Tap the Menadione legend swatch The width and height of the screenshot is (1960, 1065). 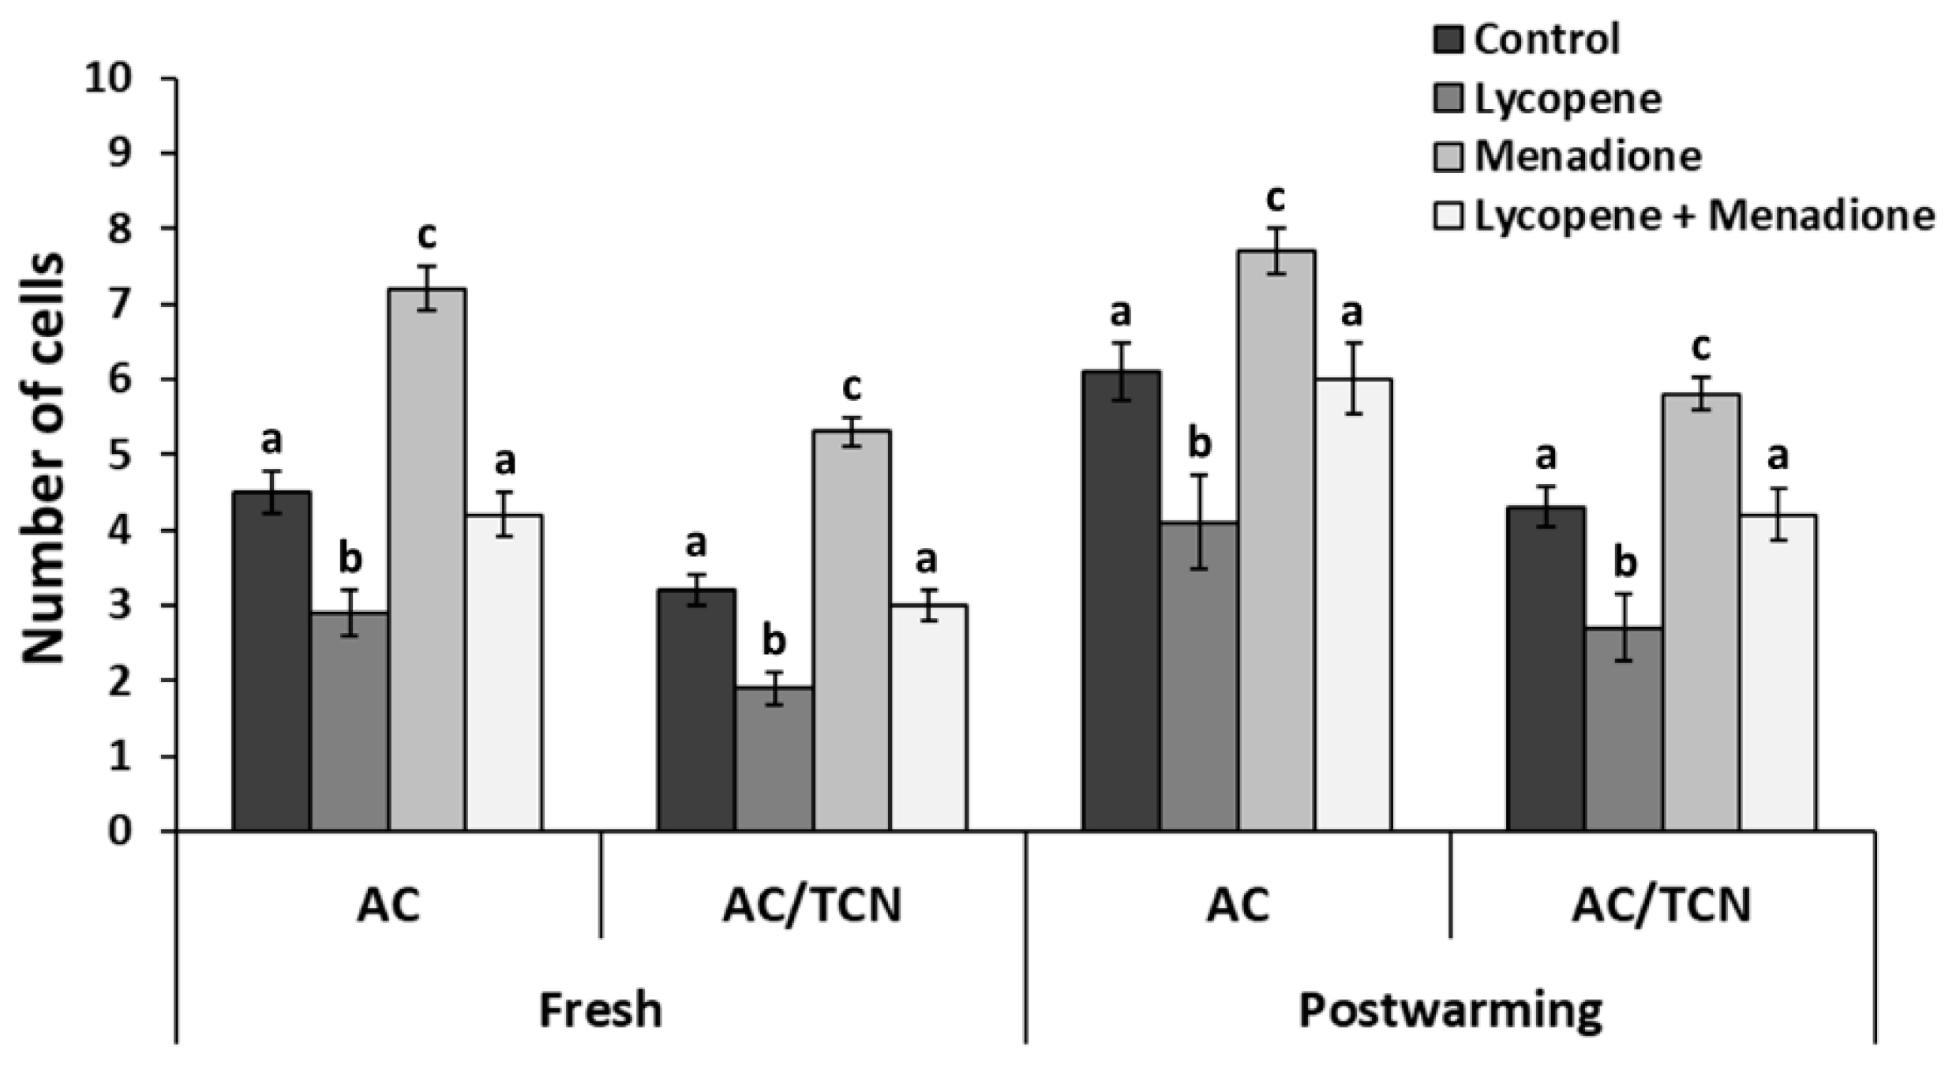[x=1449, y=156]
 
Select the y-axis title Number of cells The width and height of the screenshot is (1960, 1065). [x=43, y=457]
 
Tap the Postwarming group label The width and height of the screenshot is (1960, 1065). [x=1450, y=1010]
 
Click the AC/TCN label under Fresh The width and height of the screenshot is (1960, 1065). [x=812, y=905]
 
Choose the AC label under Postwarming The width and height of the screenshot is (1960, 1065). [x=1238, y=905]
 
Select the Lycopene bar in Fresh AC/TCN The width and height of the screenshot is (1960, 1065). [x=774, y=758]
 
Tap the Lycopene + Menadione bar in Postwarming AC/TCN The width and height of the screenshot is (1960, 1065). [x=1778, y=671]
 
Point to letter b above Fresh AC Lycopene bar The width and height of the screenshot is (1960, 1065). [x=350, y=559]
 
